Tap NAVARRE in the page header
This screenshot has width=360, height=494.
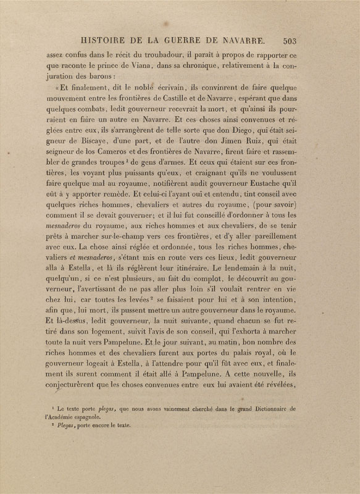pyautogui.click(x=241, y=41)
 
